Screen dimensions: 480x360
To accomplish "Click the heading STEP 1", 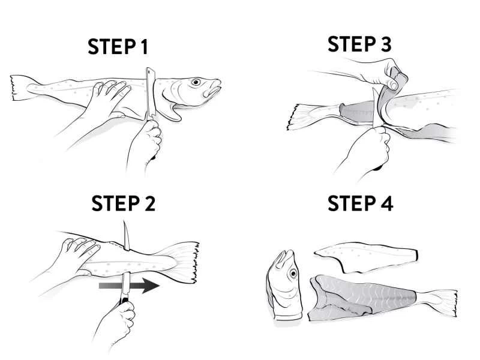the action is pyautogui.click(x=118, y=47).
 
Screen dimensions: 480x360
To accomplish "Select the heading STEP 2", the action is pyautogui.click(x=124, y=203).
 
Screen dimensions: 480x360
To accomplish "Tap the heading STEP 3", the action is pyautogui.click(x=359, y=44).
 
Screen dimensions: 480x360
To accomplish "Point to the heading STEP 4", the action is pyautogui.click(x=361, y=203).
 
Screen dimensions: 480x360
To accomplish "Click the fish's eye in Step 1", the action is pyautogui.click(x=196, y=82).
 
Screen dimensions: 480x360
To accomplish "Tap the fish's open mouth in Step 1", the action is pyautogui.click(x=214, y=88).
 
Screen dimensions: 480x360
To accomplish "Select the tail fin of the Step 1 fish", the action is pyautogui.click(x=22, y=88).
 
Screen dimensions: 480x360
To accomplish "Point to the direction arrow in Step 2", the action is pyautogui.click(x=129, y=286).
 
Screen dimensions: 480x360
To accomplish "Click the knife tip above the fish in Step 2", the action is pyautogui.click(x=124, y=221).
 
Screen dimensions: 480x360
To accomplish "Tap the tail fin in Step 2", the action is pyautogui.click(x=182, y=262).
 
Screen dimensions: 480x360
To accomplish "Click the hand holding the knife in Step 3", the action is pyautogui.click(x=367, y=150).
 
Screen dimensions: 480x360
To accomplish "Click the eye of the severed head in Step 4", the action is pyautogui.click(x=293, y=273).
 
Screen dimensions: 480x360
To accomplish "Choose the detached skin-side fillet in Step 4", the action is pyautogui.click(x=366, y=257).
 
